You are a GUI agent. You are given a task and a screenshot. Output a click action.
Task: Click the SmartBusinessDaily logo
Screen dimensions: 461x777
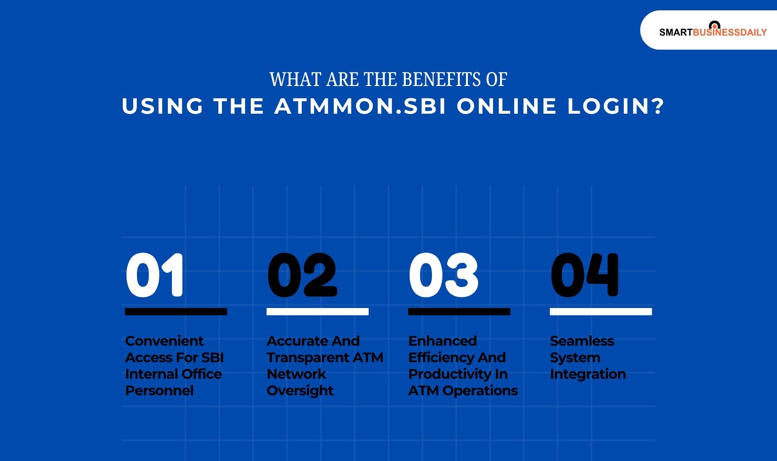(x=713, y=31)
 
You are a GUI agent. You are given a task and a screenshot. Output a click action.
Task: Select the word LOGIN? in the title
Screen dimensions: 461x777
(x=615, y=106)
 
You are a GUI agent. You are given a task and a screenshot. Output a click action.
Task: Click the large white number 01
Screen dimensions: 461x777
(x=155, y=275)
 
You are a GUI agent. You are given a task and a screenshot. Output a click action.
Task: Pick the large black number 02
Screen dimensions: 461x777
(x=302, y=275)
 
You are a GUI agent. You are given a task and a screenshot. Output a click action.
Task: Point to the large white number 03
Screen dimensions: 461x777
(x=443, y=275)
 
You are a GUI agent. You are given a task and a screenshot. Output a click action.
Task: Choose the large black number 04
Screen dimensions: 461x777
(x=584, y=275)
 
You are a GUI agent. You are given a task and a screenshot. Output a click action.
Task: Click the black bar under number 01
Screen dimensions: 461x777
(x=176, y=312)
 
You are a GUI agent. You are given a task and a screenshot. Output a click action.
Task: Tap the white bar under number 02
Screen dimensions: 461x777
(x=317, y=312)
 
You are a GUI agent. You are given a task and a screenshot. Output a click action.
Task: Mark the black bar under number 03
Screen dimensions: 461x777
(x=459, y=312)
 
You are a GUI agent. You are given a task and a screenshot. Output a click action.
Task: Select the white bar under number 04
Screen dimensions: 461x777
(x=601, y=312)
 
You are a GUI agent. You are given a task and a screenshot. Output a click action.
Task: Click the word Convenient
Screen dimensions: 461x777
(x=164, y=341)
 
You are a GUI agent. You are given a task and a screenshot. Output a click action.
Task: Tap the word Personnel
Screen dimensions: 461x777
(x=159, y=391)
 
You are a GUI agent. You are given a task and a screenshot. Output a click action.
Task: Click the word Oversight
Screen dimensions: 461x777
(x=300, y=391)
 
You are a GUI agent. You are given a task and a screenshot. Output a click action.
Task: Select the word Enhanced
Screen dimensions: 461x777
(x=442, y=341)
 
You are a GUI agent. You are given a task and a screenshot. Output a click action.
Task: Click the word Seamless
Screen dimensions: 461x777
(x=582, y=341)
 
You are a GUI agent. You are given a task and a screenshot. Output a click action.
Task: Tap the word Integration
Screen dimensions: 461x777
(x=588, y=374)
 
